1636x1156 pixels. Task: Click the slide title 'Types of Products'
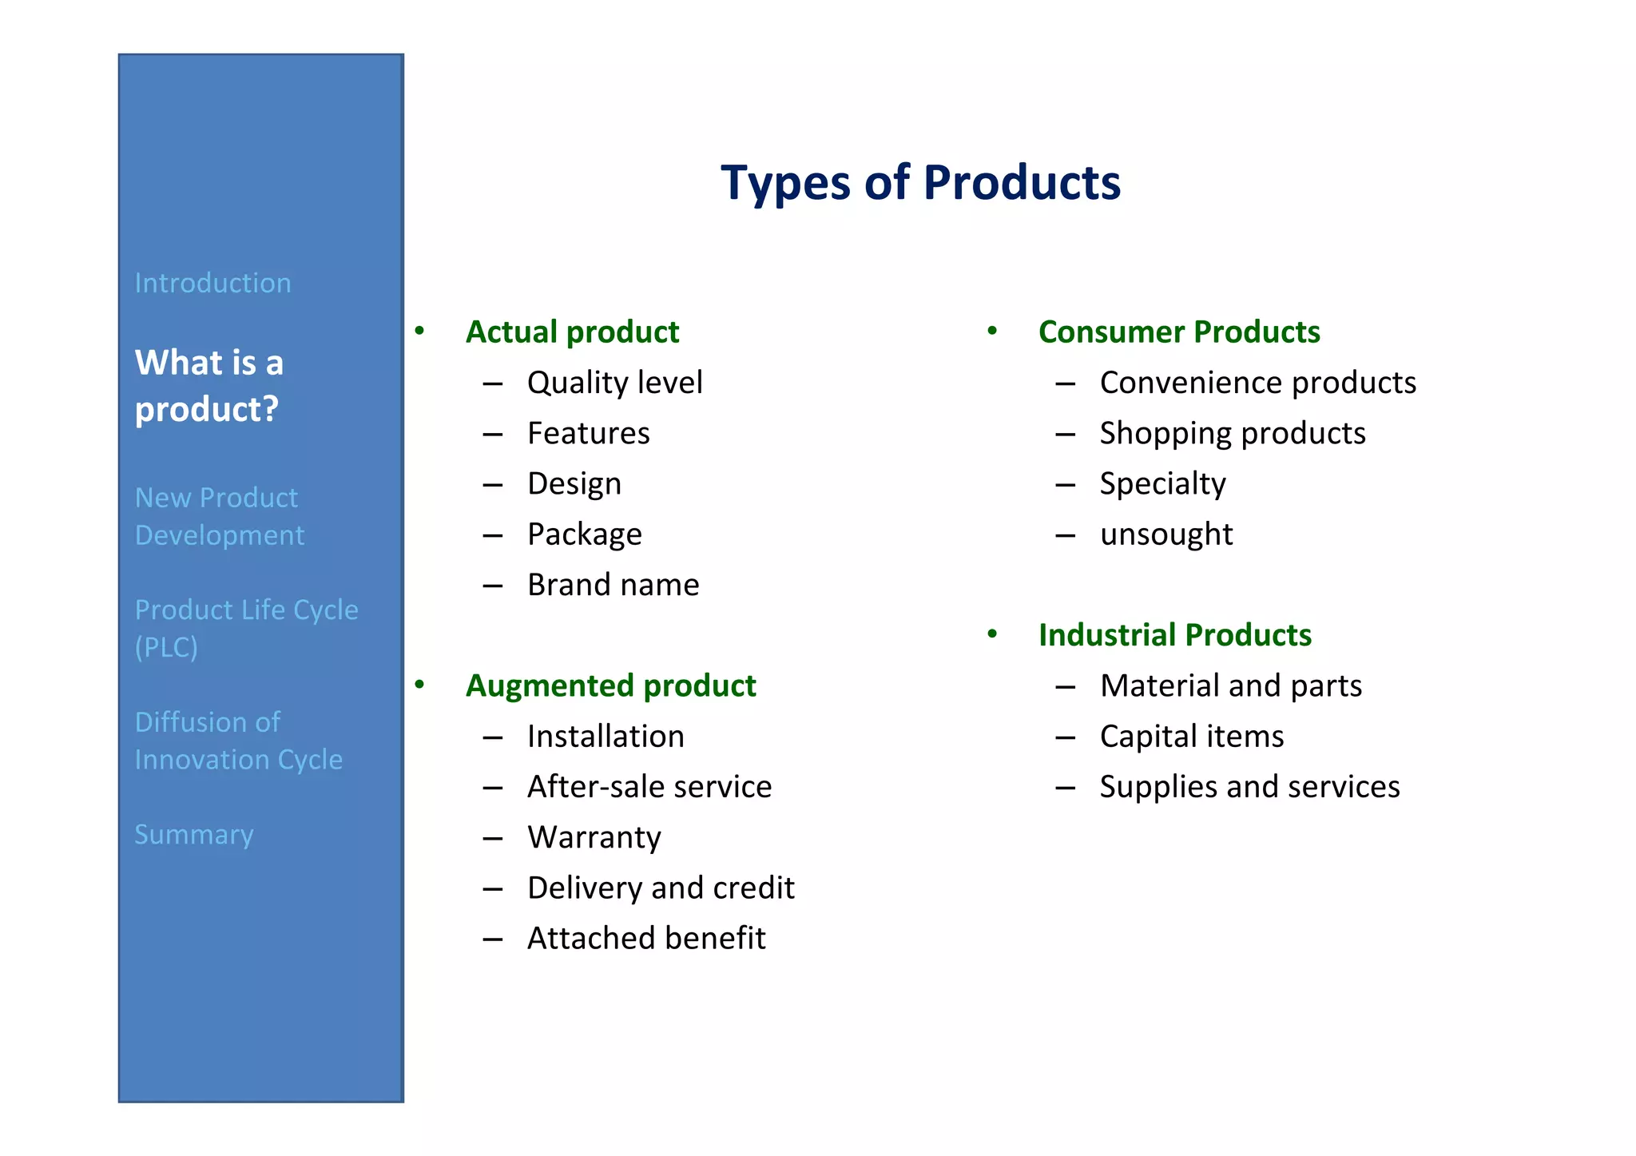click(x=920, y=183)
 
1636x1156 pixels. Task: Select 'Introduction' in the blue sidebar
click(x=212, y=284)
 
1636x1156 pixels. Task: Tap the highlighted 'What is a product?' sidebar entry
click(x=208, y=386)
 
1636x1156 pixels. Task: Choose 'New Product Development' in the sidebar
click(x=219, y=516)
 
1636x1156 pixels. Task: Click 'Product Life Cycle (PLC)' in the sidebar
click(x=246, y=628)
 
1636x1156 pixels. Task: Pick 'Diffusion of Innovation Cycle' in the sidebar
click(x=238, y=741)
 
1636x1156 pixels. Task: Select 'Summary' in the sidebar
click(x=194, y=835)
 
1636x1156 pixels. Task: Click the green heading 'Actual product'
click(x=572, y=332)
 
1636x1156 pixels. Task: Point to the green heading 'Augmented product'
click(x=610, y=686)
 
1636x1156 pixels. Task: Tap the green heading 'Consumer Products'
click(x=1179, y=332)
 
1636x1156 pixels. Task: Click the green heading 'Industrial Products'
click(x=1174, y=636)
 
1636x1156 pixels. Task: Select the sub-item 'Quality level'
click(x=614, y=383)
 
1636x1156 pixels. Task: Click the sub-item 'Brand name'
click(x=613, y=586)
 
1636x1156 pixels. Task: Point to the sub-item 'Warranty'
click(x=594, y=838)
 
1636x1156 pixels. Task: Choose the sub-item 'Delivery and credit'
click(x=661, y=888)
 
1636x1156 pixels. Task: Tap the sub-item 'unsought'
click(x=1165, y=534)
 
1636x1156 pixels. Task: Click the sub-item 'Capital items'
click(x=1191, y=737)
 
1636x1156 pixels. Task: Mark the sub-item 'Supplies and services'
click(x=1249, y=787)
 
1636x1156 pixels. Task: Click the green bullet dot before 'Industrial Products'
click(x=992, y=634)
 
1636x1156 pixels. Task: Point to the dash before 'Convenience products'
click(x=1065, y=384)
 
